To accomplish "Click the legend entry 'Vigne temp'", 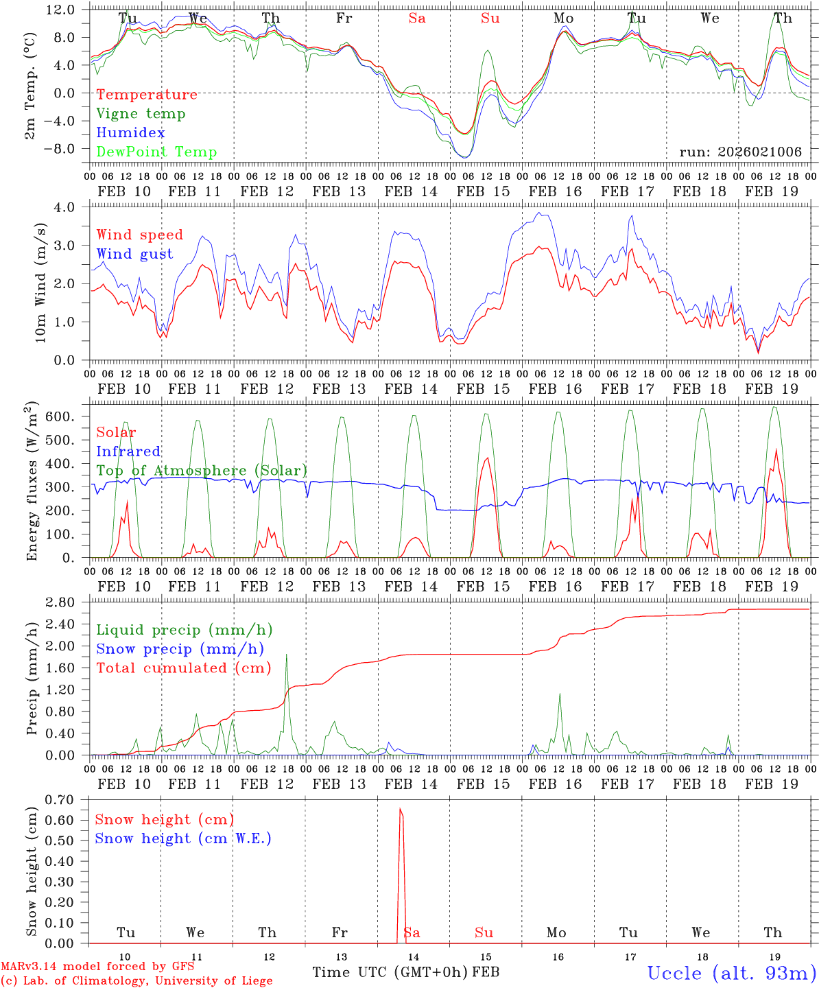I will pos(141,114).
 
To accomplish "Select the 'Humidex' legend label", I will pos(130,133).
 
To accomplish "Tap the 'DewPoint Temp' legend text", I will pos(156,152).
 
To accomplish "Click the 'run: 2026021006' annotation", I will pos(741,152).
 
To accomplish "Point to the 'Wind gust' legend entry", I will pos(134,254).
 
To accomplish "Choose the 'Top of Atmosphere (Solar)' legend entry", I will pos(202,471).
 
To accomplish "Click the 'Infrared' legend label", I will pos(128,451).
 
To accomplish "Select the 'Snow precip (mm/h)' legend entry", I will pos(180,649).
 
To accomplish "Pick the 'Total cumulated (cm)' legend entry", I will pos(183,668).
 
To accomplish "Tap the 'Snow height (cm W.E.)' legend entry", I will pos(183,838).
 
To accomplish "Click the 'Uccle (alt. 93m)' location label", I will pos(731,973).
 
